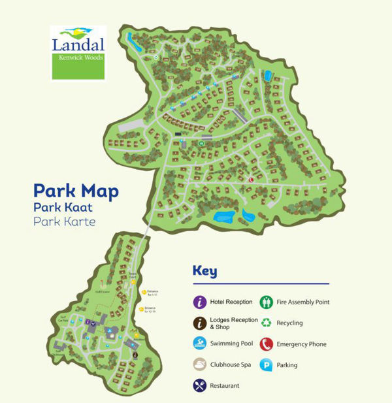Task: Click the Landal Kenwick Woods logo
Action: pyautogui.click(x=78, y=52)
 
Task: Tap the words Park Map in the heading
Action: pyautogui.click(x=76, y=191)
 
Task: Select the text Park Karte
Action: pyautogui.click(x=64, y=221)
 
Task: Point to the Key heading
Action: pyautogui.click(x=204, y=272)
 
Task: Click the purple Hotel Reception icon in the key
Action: pyautogui.click(x=200, y=302)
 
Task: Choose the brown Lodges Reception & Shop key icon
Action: pyautogui.click(x=200, y=323)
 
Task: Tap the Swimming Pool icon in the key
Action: pyautogui.click(x=200, y=344)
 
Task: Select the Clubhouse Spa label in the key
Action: pyautogui.click(x=228, y=365)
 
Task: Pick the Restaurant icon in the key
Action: pyautogui.click(x=200, y=385)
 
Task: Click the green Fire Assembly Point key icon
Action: pyautogui.click(x=267, y=302)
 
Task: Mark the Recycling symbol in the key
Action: pyautogui.click(x=267, y=323)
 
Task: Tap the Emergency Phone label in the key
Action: pyautogui.click(x=301, y=344)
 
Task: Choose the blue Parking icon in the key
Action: pyautogui.click(x=267, y=364)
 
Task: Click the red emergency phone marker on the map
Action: pyautogui.click(x=250, y=180)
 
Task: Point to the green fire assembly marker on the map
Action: pyautogui.click(x=202, y=142)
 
